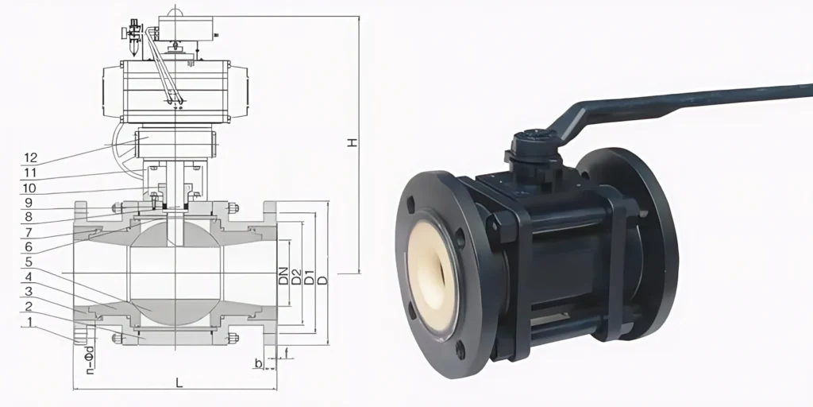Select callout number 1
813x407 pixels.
[x=31, y=323]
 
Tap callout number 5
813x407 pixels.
[x=31, y=262]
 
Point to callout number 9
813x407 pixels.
[x=31, y=203]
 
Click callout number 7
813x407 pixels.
[x=31, y=232]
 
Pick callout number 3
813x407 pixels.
[x=31, y=292]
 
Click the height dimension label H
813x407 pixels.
[x=350, y=143]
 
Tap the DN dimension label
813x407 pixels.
[x=283, y=276]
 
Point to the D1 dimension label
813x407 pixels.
[x=310, y=277]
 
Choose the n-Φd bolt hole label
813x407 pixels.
[x=90, y=357]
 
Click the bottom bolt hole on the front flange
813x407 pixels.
[x=460, y=348]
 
